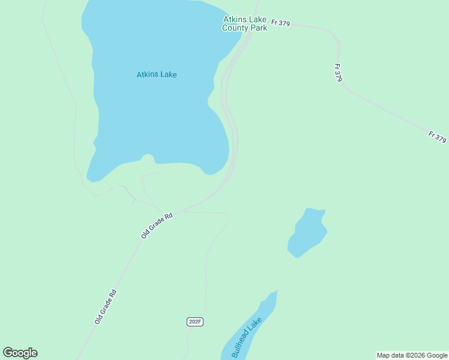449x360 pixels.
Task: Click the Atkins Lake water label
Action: point(157,75)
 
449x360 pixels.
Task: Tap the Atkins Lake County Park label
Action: point(244,23)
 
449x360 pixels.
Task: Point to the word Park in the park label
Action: point(259,28)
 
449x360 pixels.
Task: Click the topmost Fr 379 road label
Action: point(280,23)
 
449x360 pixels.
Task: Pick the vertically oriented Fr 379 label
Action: point(339,72)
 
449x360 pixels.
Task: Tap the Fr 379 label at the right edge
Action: point(438,137)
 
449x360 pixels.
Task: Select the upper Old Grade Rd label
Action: point(157,225)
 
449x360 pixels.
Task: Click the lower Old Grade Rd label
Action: point(105,307)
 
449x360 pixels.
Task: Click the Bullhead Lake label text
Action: point(247,337)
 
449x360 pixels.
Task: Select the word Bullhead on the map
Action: point(241,344)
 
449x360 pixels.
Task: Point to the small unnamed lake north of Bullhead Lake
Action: point(307,233)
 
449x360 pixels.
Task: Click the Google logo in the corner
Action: point(20,353)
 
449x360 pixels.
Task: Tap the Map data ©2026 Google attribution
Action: point(412,355)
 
